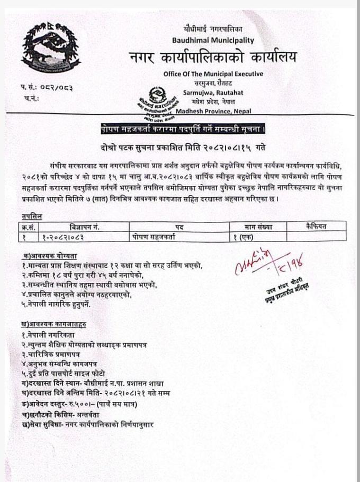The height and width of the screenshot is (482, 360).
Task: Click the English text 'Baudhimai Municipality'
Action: click(213, 40)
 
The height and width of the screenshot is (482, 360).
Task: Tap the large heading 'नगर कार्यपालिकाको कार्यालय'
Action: click(213, 57)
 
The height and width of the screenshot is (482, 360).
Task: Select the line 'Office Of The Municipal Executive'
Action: click(213, 74)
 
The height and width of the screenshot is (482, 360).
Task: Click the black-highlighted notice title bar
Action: click(183, 129)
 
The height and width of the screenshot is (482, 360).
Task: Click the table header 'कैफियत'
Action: click(317, 226)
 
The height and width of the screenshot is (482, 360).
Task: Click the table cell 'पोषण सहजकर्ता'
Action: click(154, 236)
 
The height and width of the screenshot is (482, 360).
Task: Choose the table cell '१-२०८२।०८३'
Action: click(63, 236)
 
